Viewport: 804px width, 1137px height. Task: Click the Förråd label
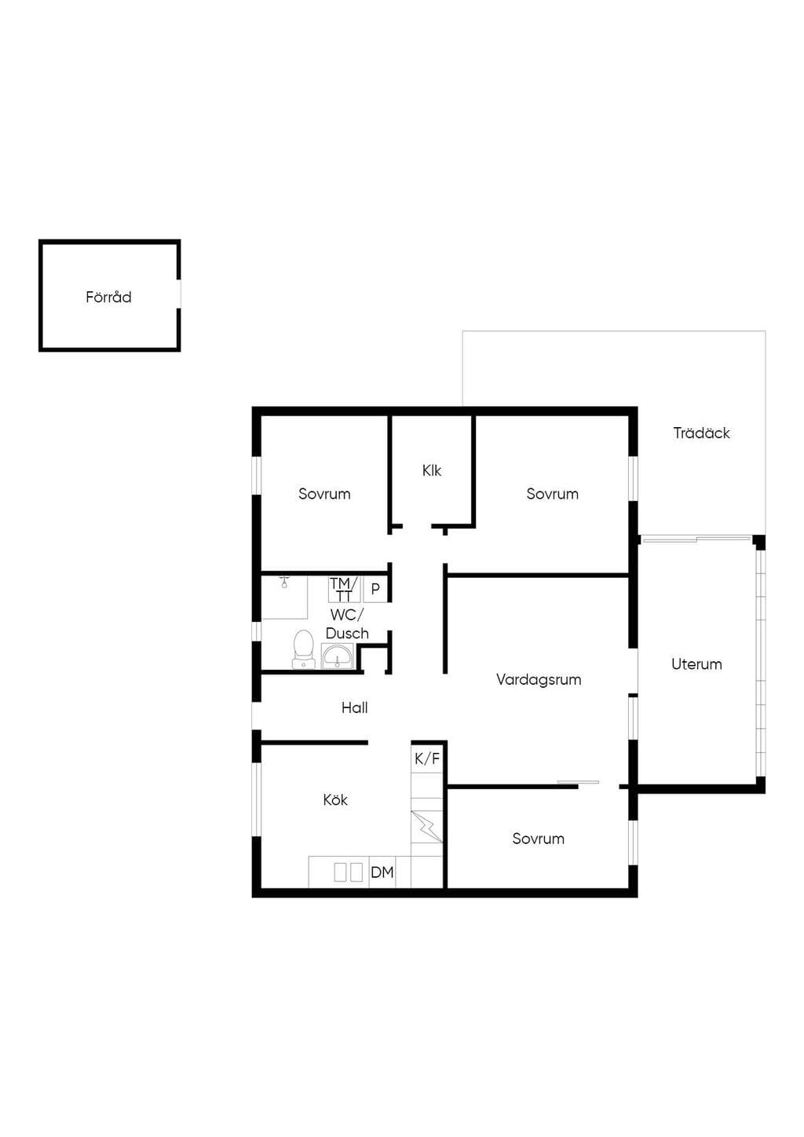pyautogui.click(x=108, y=297)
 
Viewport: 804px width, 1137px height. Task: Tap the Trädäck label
pyautogui.click(x=701, y=433)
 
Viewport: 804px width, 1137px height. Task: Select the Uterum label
pyautogui.click(x=696, y=664)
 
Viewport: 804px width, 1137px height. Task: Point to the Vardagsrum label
pyautogui.click(x=539, y=680)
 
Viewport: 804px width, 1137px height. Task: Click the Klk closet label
pyautogui.click(x=431, y=470)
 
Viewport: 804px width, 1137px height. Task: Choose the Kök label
pyautogui.click(x=335, y=800)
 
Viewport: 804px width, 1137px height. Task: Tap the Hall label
pyautogui.click(x=354, y=707)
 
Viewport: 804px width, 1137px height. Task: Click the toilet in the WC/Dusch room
pyautogui.click(x=304, y=649)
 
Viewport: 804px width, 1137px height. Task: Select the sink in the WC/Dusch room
pyautogui.click(x=337, y=656)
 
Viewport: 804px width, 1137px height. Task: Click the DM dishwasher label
pyautogui.click(x=382, y=872)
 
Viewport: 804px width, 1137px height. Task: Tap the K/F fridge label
pyautogui.click(x=427, y=759)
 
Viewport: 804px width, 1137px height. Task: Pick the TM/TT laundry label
pyautogui.click(x=344, y=589)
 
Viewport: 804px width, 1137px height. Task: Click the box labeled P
pyautogui.click(x=375, y=589)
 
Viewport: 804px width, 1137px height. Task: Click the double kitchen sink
pyautogui.click(x=348, y=872)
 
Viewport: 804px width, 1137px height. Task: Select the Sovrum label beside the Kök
pyautogui.click(x=538, y=839)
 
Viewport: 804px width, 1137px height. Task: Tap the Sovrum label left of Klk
pyautogui.click(x=324, y=494)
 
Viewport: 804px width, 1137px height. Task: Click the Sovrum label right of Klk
pyautogui.click(x=552, y=494)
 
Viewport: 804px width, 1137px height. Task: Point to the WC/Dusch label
pyautogui.click(x=347, y=623)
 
